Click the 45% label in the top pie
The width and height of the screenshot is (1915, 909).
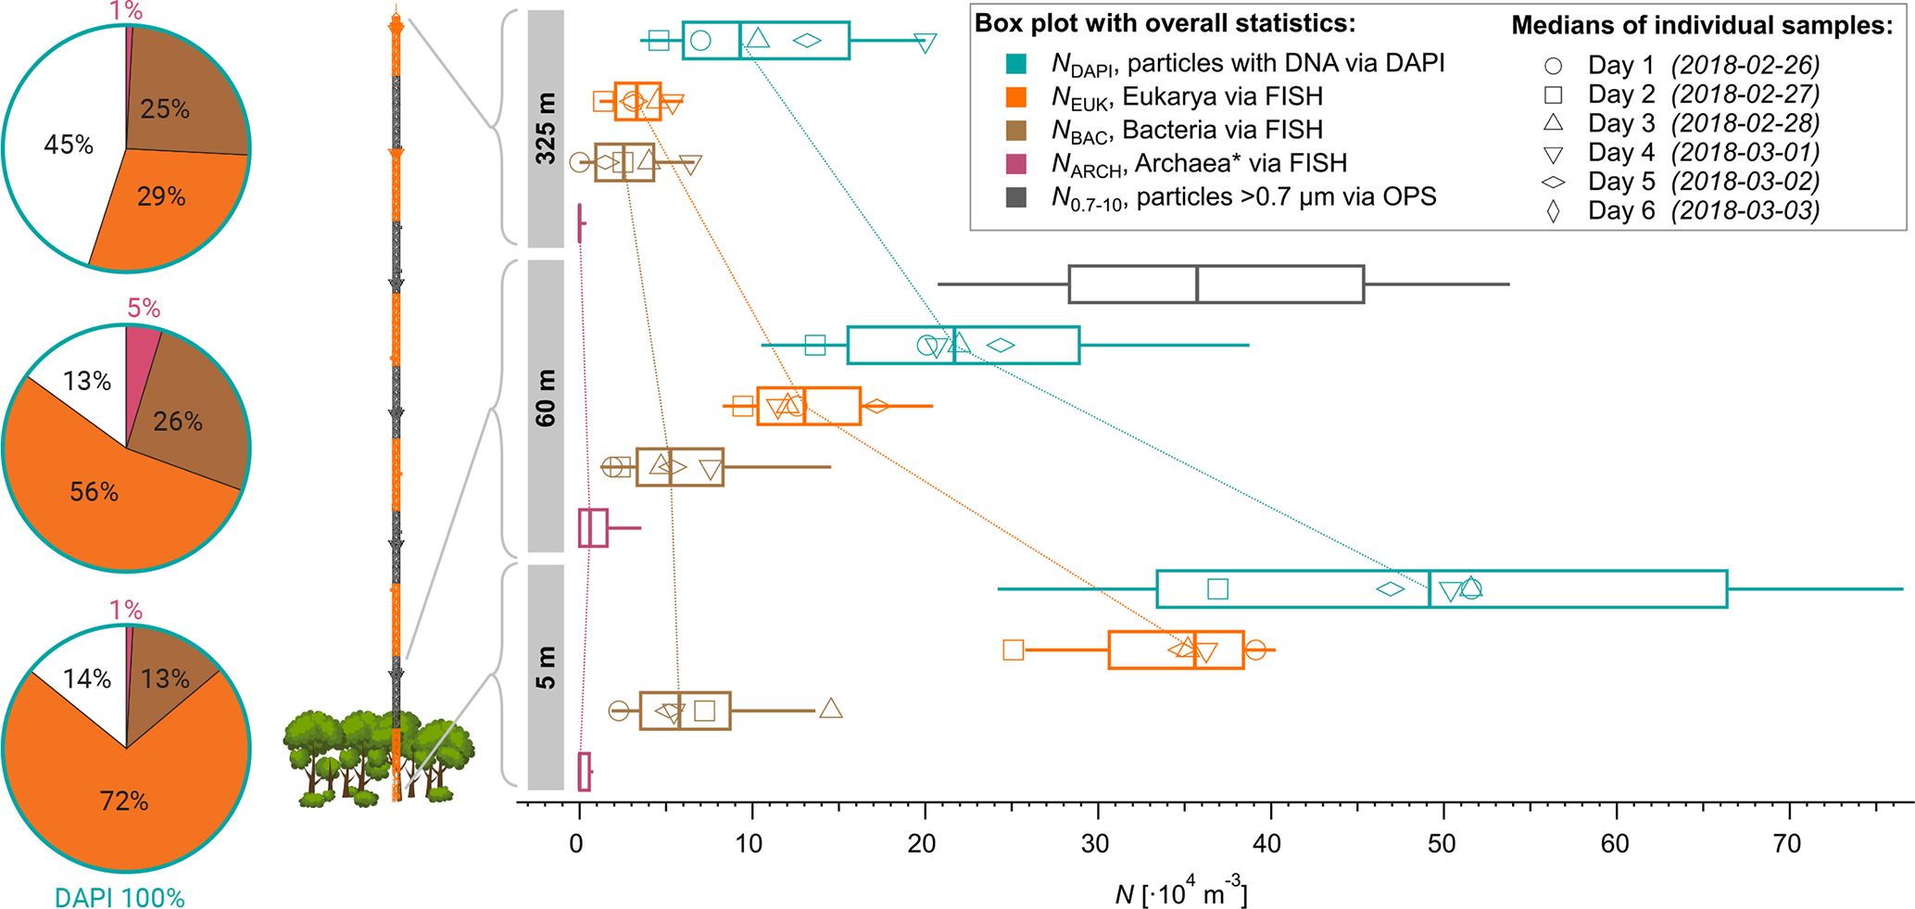[x=69, y=145]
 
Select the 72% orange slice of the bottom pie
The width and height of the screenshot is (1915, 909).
[x=124, y=801]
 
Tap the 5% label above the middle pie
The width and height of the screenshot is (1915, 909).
[x=144, y=308]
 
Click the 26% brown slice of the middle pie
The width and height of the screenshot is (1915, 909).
[x=178, y=423]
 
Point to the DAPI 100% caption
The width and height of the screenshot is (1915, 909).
[x=120, y=897]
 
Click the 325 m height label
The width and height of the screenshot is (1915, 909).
[x=547, y=129]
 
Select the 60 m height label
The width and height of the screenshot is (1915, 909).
[x=547, y=398]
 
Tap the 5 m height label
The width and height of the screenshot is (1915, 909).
[x=547, y=668]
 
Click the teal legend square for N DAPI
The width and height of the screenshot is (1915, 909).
[x=1015, y=63]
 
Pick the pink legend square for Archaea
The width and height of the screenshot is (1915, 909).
[x=1015, y=164]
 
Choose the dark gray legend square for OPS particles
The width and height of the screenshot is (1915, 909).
[x=1015, y=196]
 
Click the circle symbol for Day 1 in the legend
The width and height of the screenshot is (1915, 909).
[x=1554, y=66]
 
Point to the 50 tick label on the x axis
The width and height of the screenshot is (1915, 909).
[x=1442, y=843]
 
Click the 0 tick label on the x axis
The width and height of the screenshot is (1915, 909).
[x=578, y=843]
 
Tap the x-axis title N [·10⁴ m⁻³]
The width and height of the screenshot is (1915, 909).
[x=1180, y=894]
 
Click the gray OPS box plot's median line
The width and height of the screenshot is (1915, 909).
[x=1197, y=284]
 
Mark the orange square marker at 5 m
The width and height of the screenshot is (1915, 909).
[x=1014, y=650]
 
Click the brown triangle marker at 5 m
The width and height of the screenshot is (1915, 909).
[x=831, y=709]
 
